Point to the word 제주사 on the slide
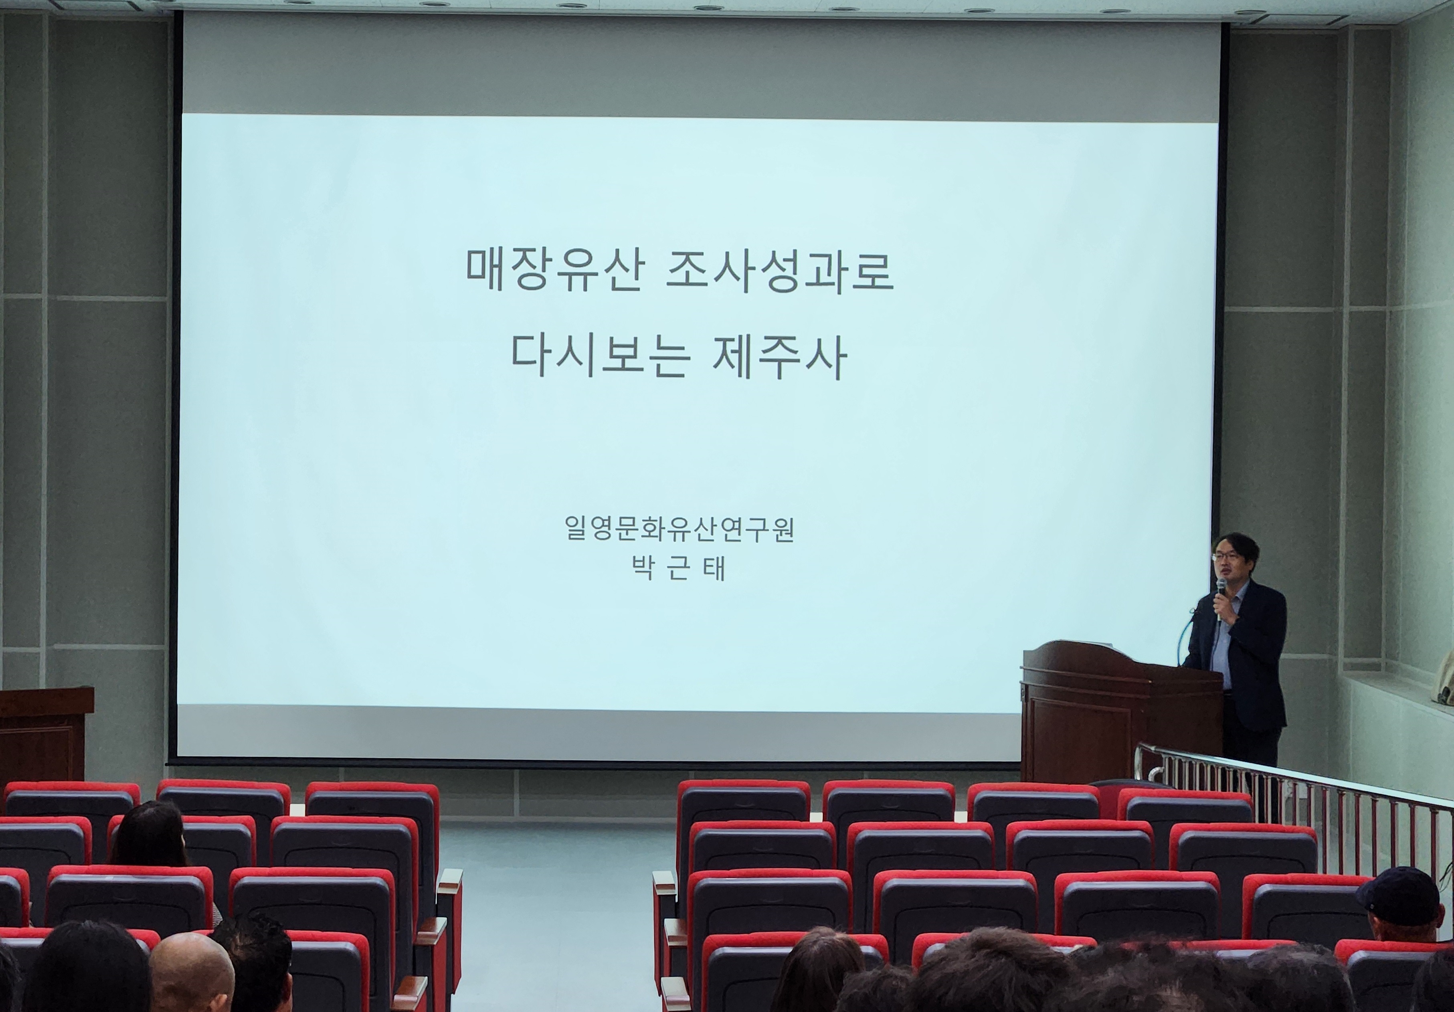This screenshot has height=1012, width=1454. click(779, 357)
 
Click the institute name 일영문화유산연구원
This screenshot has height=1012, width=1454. click(679, 529)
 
